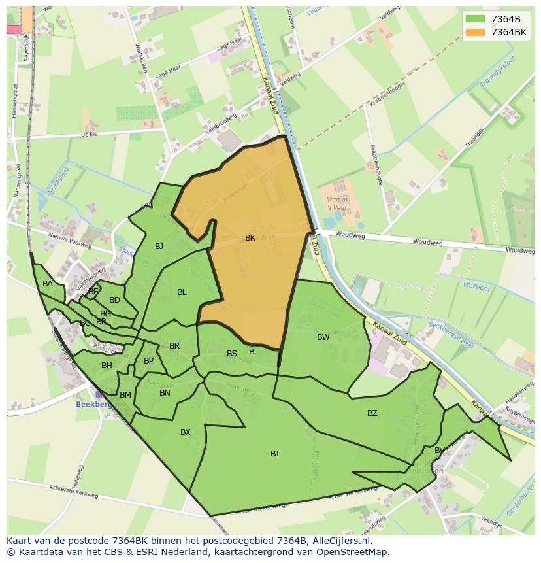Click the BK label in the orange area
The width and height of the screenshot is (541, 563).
click(250, 238)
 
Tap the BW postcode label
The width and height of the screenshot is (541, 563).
click(323, 337)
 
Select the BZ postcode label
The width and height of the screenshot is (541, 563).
click(372, 413)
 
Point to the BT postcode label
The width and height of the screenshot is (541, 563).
click(275, 453)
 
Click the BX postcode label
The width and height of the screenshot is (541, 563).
click(186, 432)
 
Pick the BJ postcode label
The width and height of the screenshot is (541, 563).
click(159, 246)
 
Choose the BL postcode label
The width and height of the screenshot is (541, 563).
click(182, 292)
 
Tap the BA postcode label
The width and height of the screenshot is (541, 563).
click(48, 284)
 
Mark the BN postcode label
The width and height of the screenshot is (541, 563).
click(165, 392)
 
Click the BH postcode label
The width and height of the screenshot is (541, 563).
click(107, 365)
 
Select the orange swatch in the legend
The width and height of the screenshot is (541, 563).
click(475, 32)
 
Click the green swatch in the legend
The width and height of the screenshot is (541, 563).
click(475, 19)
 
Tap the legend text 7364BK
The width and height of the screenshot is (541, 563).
click(509, 32)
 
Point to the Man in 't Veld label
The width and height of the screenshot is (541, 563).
click(337, 204)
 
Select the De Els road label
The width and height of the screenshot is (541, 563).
click(89, 134)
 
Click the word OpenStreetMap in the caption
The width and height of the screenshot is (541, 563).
click(355, 552)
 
